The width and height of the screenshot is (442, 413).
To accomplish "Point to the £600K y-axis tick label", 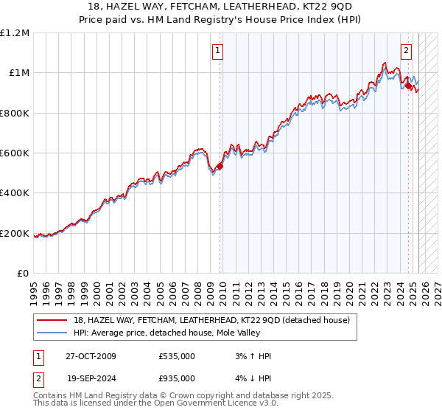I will pyautogui.click(x=15, y=153).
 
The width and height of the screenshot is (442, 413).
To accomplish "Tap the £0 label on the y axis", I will pyautogui.click(x=24, y=274).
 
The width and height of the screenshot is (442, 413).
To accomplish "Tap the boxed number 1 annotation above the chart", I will pyautogui.click(x=219, y=51).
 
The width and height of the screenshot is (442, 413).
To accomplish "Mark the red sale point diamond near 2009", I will pyautogui.click(x=220, y=167).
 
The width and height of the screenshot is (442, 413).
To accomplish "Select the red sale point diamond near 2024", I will pyautogui.click(x=408, y=86).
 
